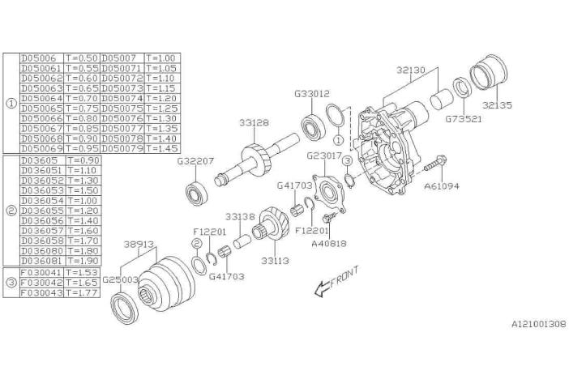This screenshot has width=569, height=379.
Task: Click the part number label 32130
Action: coord(411,70)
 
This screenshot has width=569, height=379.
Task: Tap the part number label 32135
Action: coord(497,104)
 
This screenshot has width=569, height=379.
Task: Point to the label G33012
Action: coord(312,94)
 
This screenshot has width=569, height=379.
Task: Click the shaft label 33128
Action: coord(253,123)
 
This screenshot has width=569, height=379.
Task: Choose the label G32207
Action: coord(195,160)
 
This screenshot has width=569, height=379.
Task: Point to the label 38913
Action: coord(139,242)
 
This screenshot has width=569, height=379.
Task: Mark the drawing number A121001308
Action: coord(538,323)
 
